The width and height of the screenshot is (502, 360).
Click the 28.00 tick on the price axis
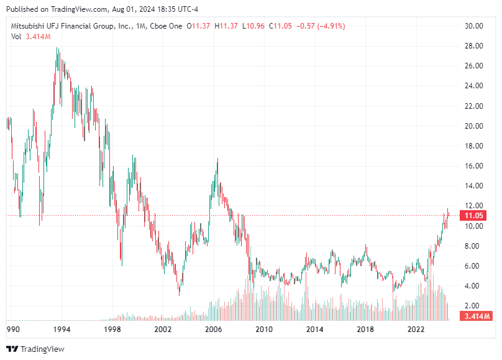click(474, 46)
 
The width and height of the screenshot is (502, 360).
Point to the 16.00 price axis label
click(474, 166)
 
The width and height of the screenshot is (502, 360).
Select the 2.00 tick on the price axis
click(474, 306)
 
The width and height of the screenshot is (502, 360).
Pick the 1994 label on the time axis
click(60, 329)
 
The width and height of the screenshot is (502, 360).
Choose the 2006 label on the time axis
click(214, 329)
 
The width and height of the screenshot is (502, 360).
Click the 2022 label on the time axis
click(416, 329)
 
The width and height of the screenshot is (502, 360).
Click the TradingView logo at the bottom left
click(35, 349)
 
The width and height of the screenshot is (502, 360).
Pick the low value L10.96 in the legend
click(254, 25)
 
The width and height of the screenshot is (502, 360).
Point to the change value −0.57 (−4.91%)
click(322, 25)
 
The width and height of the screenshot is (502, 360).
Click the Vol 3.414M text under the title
click(31, 37)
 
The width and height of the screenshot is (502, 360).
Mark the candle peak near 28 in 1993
click(57, 48)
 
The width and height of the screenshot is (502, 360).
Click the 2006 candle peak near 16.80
click(217, 159)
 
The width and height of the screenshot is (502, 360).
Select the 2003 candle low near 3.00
click(180, 295)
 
